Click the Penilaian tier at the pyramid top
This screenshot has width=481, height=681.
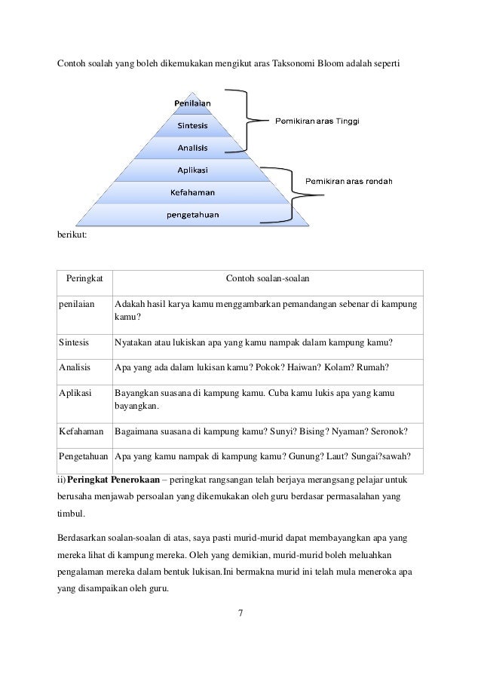tap(193, 102)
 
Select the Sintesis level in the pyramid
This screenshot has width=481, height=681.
tap(193, 124)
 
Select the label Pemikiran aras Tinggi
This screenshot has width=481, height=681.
tap(317, 119)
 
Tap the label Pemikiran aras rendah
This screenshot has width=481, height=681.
tap(348, 180)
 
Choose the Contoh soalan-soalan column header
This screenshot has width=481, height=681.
tap(267, 281)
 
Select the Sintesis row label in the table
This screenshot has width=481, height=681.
tap(75, 342)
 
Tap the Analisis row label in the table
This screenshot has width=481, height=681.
tap(75, 368)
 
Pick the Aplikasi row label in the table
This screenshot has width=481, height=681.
tap(75, 394)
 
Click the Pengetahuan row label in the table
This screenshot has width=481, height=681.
tap(84, 457)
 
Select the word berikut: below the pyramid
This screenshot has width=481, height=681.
tap(72, 235)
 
